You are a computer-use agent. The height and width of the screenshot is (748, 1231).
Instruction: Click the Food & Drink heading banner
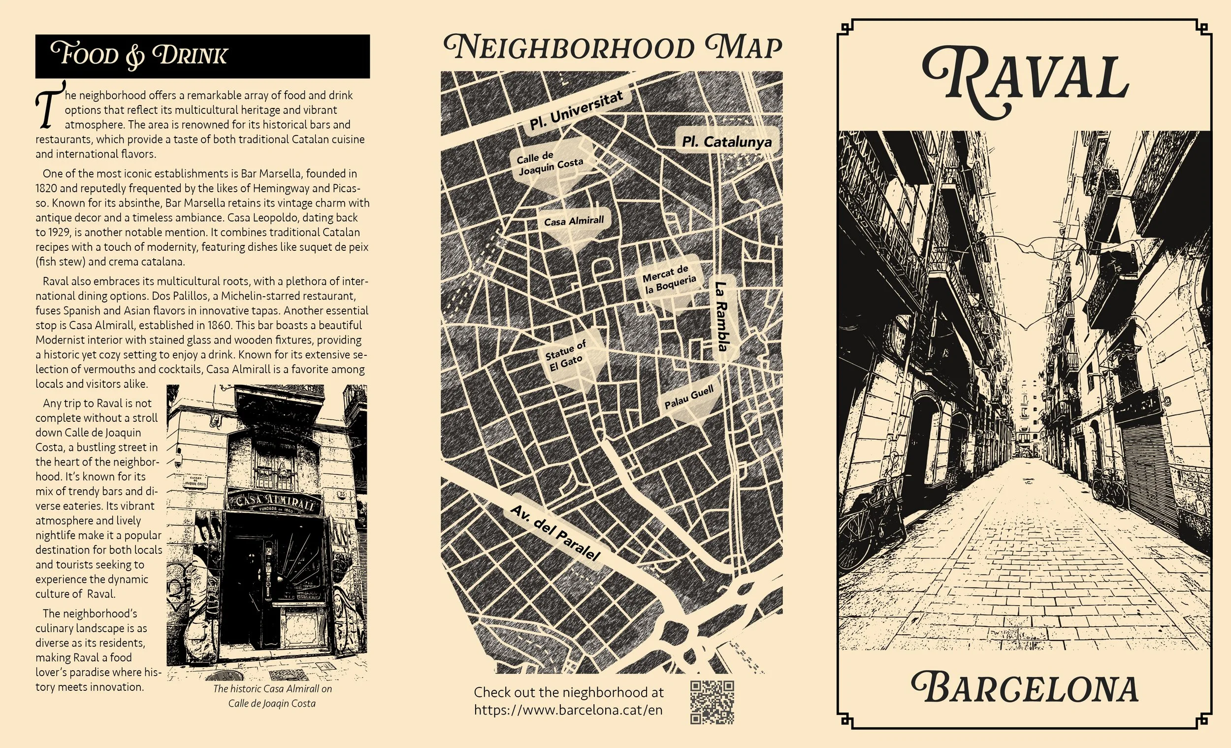pos(202,56)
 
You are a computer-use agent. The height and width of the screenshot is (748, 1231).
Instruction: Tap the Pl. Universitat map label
pos(576,111)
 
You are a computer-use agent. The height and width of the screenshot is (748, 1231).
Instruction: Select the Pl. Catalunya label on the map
pos(726,142)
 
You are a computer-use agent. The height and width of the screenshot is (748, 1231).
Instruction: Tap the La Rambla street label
pos(722,316)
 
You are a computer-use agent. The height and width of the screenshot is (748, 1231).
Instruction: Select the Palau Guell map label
pos(688,398)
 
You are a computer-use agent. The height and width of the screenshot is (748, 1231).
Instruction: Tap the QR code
pos(712,702)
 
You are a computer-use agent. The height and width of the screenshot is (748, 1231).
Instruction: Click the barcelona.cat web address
pos(568,710)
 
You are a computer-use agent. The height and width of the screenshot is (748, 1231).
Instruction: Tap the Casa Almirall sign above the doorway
pos(273,502)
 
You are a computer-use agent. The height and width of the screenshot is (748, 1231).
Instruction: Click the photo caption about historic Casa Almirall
pos(272,695)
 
